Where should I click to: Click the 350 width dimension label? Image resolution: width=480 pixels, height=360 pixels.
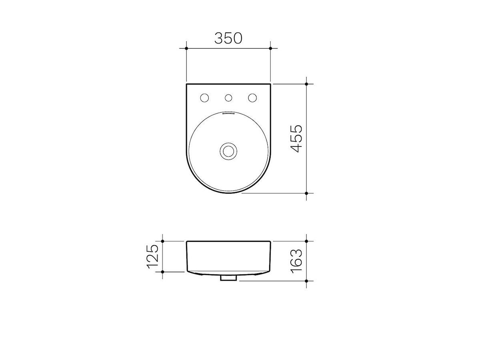(x=228, y=38)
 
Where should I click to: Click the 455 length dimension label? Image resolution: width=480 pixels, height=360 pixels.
(x=296, y=138)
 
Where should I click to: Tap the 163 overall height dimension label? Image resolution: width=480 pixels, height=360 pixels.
(x=296, y=261)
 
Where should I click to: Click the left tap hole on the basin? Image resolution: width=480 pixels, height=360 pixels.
(x=204, y=98)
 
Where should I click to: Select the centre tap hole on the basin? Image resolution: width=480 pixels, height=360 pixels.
(x=228, y=98)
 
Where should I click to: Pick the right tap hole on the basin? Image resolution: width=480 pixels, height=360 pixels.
(x=252, y=98)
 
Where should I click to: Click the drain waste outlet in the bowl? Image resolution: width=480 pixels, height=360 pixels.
(x=228, y=151)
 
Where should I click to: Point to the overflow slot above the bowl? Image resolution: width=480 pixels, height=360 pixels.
(x=228, y=113)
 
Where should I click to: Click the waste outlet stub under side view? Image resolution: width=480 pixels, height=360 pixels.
(x=228, y=278)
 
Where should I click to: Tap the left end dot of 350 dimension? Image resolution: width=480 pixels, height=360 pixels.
(x=186, y=48)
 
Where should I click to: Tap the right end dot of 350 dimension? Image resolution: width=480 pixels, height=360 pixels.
(x=271, y=48)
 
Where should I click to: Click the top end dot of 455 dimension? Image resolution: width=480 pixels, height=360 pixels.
(x=306, y=84)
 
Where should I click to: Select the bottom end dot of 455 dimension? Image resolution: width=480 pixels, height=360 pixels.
(x=306, y=193)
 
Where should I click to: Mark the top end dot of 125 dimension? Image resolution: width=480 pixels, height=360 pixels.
(x=163, y=241)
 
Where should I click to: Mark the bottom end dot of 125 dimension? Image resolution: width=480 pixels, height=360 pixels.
(x=163, y=272)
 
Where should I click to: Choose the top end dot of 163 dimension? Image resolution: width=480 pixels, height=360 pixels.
(x=306, y=241)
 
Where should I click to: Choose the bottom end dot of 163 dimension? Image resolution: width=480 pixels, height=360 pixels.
(x=306, y=281)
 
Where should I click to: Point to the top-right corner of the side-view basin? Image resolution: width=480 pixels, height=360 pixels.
(x=270, y=242)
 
